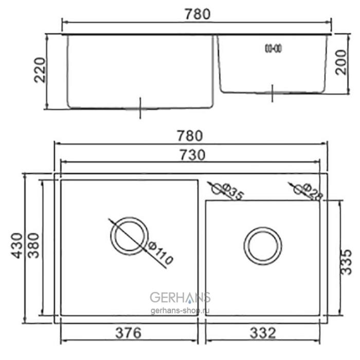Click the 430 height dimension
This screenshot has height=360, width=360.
16,245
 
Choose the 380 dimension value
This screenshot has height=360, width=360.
33,245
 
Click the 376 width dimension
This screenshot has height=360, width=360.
127,333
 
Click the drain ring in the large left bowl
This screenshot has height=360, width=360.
128,236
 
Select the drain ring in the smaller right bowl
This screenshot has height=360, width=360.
263,245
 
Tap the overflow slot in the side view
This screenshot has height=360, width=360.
272,48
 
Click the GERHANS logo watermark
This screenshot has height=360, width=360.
180,297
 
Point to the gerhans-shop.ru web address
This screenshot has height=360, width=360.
181,311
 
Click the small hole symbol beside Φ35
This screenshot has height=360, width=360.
219,189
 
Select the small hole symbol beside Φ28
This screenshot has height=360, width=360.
299,189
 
